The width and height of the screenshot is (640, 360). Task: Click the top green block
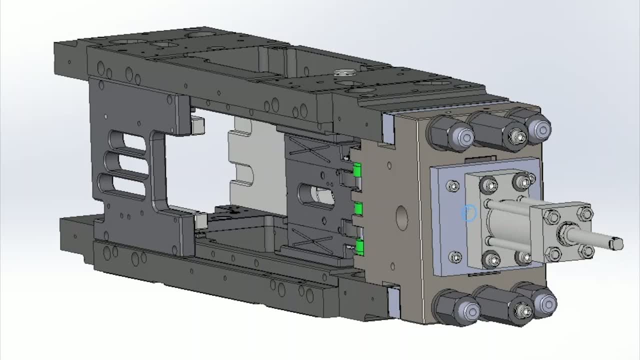[357, 170]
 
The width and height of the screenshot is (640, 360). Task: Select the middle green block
[358, 207]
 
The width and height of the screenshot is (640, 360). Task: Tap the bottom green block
[359, 246]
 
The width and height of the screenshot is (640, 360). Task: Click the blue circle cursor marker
[468, 213]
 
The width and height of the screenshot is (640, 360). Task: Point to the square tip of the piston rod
[616, 244]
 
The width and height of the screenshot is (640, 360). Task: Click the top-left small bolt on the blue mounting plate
[453, 186]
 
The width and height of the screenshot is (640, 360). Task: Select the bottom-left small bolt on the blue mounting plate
[455, 257]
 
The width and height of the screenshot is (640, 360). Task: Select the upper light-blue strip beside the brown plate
[389, 128]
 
